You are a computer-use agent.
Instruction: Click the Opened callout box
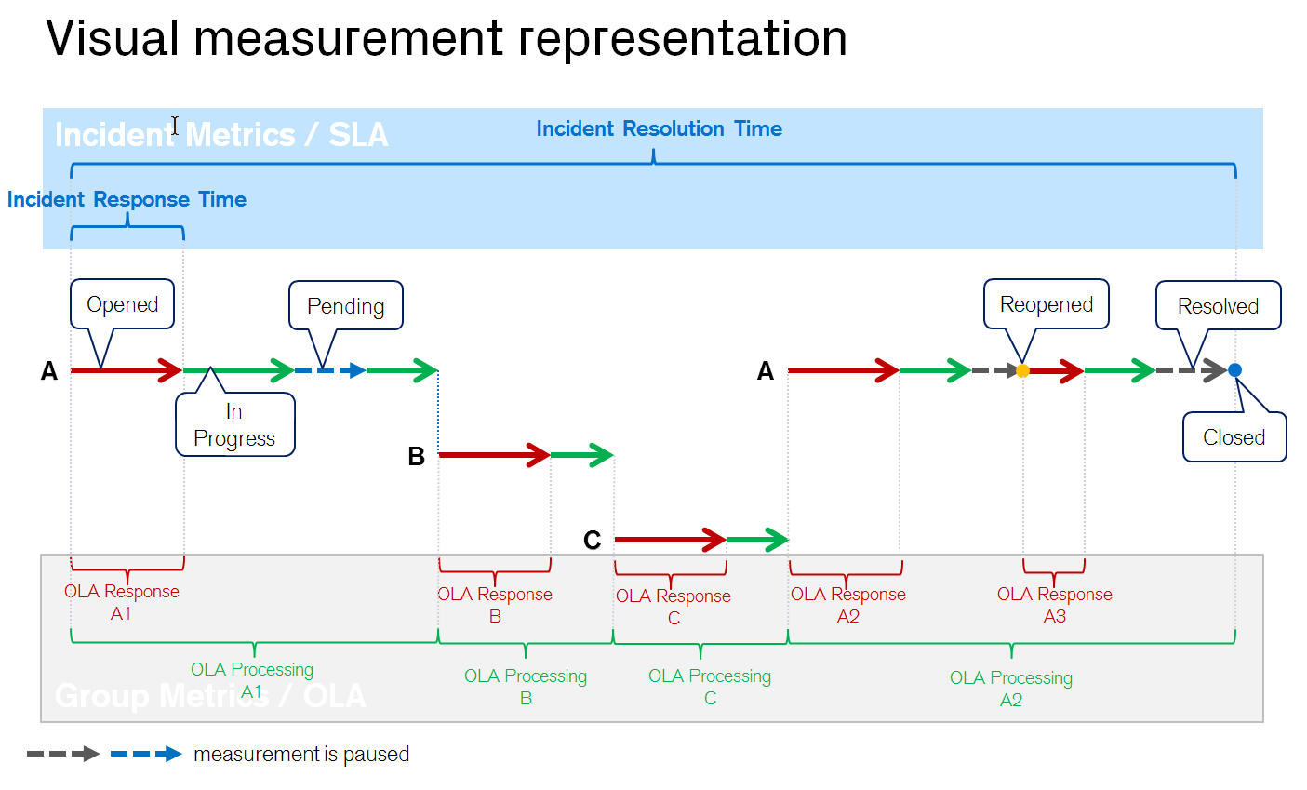point(122,304)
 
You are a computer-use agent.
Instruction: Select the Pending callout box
point(345,306)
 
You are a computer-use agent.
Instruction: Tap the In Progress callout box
point(234,425)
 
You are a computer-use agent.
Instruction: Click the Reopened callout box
point(1046,304)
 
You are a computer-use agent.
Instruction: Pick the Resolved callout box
point(1218,306)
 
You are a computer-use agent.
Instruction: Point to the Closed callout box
point(1234,437)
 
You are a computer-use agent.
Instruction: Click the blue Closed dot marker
point(1234,370)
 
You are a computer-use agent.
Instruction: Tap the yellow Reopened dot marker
point(1022,370)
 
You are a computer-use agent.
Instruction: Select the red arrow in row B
point(493,455)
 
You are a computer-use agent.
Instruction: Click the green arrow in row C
point(757,540)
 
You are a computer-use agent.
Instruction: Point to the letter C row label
point(592,541)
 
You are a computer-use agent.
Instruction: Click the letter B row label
point(416,457)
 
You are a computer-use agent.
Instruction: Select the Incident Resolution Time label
point(659,129)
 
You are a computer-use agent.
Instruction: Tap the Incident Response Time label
point(127,200)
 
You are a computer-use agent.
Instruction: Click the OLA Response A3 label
point(1054,605)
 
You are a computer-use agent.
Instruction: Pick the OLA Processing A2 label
point(1010,689)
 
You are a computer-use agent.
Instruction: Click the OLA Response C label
point(673,607)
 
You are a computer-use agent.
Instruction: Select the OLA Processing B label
point(526,687)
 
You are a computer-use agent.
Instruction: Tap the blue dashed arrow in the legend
point(145,754)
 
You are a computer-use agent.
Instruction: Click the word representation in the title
point(682,39)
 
